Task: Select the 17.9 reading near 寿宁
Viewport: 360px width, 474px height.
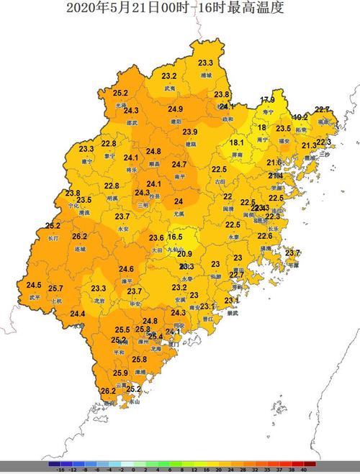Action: (x=267, y=100)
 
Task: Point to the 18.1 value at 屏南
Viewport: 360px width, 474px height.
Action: (x=237, y=143)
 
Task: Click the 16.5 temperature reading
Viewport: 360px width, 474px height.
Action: (x=176, y=236)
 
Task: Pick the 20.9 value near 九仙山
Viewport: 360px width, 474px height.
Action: (x=185, y=254)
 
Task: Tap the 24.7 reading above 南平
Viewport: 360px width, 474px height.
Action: (x=180, y=165)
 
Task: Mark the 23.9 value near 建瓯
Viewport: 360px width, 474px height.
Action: (x=189, y=132)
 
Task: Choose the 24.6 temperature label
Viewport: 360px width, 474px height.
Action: (x=127, y=269)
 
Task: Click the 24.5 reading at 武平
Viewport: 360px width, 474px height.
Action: (x=34, y=285)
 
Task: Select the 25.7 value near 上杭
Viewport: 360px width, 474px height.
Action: (x=56, y=288)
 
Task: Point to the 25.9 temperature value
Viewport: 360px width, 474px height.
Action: (x=120, y=373)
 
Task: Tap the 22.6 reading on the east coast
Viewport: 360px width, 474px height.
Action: (x=265, y=236)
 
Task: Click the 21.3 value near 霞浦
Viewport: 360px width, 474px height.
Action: (x=308, y=145)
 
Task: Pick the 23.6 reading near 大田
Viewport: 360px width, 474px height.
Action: (x=156, y=238)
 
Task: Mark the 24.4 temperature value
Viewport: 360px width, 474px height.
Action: (x=78, y=314)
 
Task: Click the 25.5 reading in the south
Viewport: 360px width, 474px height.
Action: (x=122, y=329)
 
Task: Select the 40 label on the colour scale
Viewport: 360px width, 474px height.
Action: (x=305, y=469)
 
